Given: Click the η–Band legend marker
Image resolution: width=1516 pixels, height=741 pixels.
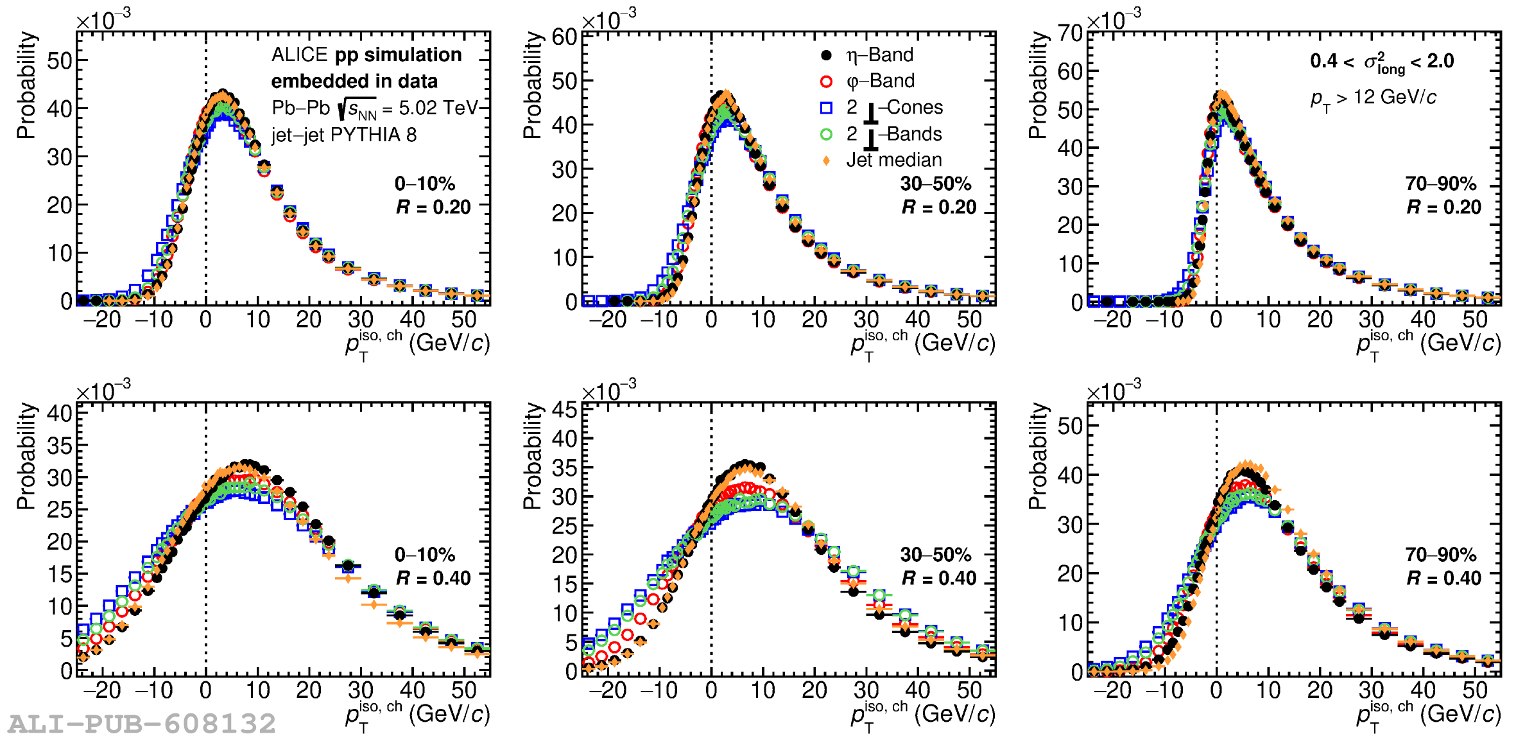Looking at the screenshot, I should [x=826, y=55].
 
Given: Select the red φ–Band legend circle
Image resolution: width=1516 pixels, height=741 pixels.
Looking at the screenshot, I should [x=826, y=82].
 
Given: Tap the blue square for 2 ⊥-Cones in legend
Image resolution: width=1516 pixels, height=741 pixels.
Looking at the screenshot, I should [x=826, y=108].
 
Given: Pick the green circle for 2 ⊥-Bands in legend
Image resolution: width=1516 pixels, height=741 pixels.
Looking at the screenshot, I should [x=826, y=134].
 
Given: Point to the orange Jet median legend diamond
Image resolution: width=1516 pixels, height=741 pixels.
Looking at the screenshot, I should [x=826, y=161].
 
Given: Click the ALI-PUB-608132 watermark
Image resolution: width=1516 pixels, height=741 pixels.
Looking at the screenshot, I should [x=142, y=724].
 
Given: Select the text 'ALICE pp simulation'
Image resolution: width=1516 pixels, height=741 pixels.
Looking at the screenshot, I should [x=366, y=55].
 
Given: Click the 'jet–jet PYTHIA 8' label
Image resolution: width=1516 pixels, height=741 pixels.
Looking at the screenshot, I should [x=344, y=135].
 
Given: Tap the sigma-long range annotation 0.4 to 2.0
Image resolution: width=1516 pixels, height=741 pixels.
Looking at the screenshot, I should [x=1381, y=62].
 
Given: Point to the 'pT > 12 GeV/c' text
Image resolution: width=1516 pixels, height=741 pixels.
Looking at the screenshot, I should [x=1373, y=98].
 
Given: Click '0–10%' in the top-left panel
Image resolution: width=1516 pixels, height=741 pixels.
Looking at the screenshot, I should [x=424, y=184].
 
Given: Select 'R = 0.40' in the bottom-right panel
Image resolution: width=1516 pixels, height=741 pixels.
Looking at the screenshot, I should [x=1443, y=578].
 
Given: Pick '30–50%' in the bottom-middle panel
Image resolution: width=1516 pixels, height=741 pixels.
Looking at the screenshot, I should [x=935, y=555].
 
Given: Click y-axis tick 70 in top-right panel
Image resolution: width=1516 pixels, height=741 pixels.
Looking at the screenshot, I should [x=1070, y=33].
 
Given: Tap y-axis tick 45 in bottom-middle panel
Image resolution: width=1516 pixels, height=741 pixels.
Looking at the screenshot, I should [x=565, y=410].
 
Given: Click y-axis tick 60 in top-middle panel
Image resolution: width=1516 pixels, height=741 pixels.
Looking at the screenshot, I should [x=565, y=37].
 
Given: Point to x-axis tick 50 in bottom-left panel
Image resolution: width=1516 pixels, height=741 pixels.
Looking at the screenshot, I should [x=463, y=690].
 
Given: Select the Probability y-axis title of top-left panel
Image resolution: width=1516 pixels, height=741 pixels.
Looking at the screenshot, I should [x=26, y=85].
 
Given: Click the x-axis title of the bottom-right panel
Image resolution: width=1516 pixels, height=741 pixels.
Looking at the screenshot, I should [x=1428, y=715].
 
